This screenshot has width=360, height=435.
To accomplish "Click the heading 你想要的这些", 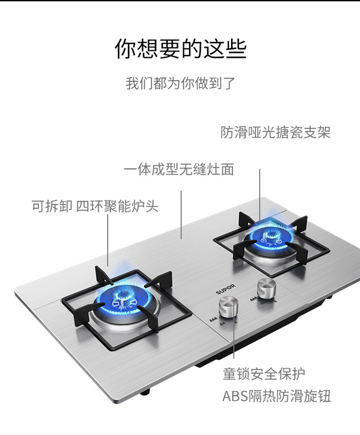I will [x=180, y=49].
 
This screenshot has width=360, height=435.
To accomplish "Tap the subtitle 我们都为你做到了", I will [x=180, y=84].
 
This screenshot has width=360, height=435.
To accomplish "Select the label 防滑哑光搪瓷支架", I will [x=275, y=133].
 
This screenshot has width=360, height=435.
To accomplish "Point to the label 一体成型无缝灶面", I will [x=179, y=170].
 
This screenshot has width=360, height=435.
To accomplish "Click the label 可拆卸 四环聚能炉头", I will [x=95, y=206].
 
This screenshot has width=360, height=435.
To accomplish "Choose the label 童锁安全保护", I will [x=264, y=374].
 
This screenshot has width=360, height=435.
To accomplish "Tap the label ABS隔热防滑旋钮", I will [x=276, y=396].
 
